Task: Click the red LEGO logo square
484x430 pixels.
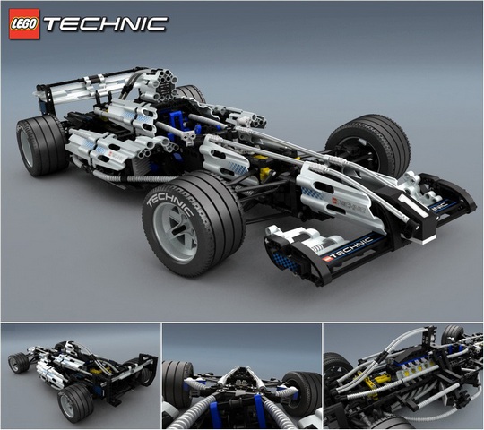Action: tap(24, 24)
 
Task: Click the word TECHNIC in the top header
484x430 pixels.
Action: tap(106, 24)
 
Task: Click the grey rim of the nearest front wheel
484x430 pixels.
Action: tap(176, 233)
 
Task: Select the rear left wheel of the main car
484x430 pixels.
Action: tap(41, 146)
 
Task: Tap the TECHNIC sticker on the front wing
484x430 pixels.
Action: tap(347, 250)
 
